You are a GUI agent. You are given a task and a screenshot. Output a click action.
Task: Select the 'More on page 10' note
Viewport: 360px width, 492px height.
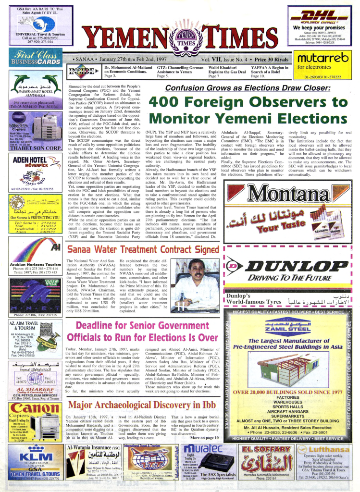204,437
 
